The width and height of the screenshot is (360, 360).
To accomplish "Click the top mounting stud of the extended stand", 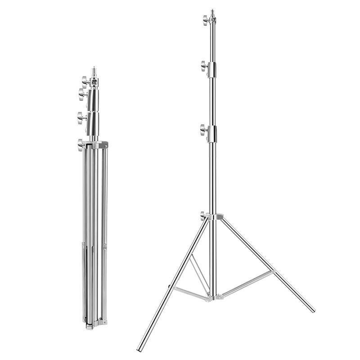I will point(211,9).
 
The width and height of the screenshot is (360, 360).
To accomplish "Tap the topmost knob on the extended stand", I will point(205,18).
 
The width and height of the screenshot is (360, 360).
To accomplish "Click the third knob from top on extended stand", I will point(203,131).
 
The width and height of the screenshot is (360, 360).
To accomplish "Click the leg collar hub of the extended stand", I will point(213,218).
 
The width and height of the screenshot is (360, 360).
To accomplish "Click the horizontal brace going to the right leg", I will point(245,283).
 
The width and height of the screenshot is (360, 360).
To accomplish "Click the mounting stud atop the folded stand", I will point(94,71).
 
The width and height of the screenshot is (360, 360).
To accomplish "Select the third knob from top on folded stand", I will point(81,117).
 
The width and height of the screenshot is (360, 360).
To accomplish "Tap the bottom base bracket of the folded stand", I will point(94,322).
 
